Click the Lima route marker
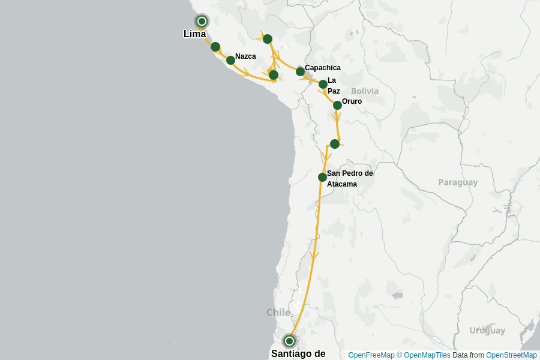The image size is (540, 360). (x=202, y=22)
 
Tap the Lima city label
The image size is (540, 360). (x=194, y=34)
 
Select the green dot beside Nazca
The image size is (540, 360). (x=230, y=60)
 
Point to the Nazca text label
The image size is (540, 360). (x=245, y=56)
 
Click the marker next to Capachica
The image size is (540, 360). (x=300, y=71)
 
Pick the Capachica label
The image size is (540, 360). (x=322, y=68)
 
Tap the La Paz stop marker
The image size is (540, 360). (x=323, y=84)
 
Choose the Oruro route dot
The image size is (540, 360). (x=337, y=105)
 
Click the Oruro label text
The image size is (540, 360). (x=352, y=101)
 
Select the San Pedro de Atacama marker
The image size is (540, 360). (x=322, y=177)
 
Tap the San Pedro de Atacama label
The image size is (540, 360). (x=349, y=179)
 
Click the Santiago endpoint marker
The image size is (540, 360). (x=289, y=341)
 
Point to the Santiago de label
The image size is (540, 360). (x=298, y=353)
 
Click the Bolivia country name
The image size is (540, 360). (x=365, y=91)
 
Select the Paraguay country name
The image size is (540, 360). (x=458, y=182)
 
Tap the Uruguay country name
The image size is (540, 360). (x=487, y=331)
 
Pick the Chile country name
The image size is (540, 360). (x=278, y=312)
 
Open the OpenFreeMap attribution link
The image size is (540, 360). (x=371, y=355)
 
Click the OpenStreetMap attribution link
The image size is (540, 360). (x=511, y=355)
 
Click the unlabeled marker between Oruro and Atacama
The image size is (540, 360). (x=335, y=144)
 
